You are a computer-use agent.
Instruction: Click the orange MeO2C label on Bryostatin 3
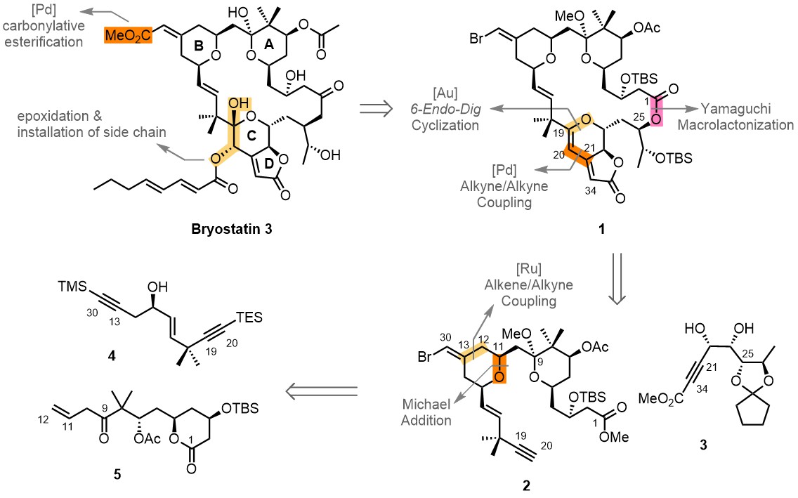pyautogui.click(x=129, y=36)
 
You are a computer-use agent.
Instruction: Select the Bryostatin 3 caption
pyautogui.click(x=232, y=229)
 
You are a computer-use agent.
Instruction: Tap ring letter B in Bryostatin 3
pyautogui.click(x=199, y=46)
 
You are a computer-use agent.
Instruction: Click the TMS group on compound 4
pyautogui.click(x=73, y=287)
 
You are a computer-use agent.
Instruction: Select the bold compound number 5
pyautogui.click(x=117, y=475)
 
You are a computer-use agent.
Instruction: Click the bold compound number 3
pyautogui.click(x=703, y=445)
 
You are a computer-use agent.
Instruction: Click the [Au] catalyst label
pyautogui.click(x=445, y=93)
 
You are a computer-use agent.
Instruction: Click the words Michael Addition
pyautogui.click(x=426, y=412)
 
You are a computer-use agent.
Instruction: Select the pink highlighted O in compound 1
pyautogui.click(x=657, y=119)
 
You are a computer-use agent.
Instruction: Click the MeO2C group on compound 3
pyautogui.click(x=659, y=398)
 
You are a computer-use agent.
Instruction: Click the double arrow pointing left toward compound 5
pyautogui.click(x=321, y=391)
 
